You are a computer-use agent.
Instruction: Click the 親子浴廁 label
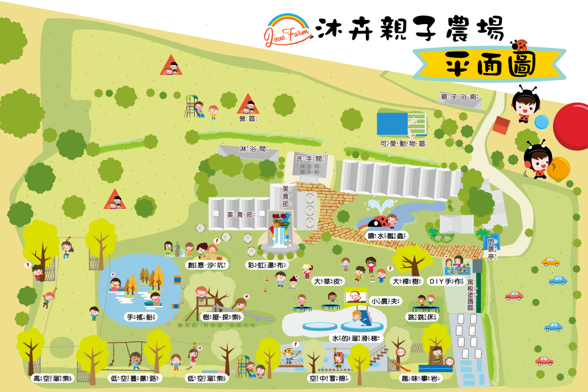[459, 98]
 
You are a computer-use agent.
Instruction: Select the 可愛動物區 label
[403, 143]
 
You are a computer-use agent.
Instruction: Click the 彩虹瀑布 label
[265, 265]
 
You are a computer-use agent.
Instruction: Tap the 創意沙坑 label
[207, 265]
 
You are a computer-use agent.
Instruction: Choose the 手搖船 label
[141, 317]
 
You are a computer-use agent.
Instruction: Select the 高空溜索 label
[52, 378]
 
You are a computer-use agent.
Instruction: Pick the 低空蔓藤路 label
[135, 378]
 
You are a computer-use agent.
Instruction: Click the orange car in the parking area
[550, 262]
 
